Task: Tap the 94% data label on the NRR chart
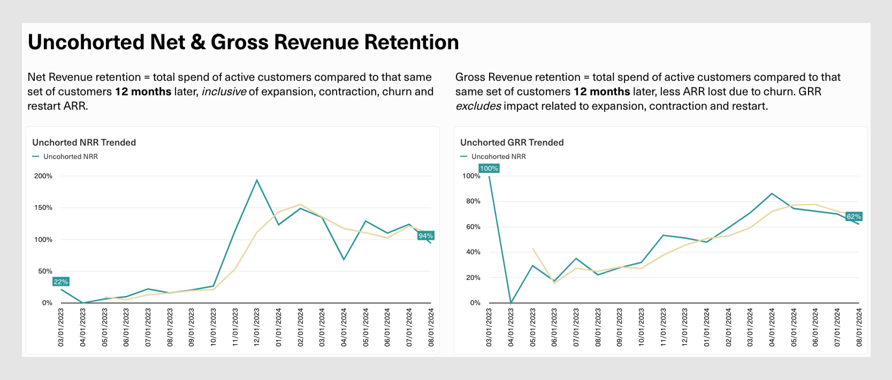pyautogui.click(x=426, y=235)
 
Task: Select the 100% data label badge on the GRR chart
pyautogui.click(x=489, y=168)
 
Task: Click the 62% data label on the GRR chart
pyautogui.click(x=853, y=216)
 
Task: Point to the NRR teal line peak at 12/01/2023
pyautogui.click(x=257, y=180)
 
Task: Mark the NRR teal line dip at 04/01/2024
pyautogui.click(x=344, y=260)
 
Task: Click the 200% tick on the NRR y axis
pyautogui.click(x=43, y=176)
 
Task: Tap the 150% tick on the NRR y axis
pyautogui.click(x=43, y=207)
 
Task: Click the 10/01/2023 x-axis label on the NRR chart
pyautogui.click(x=213, y=327)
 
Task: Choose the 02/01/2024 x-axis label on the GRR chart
pyautogui.click(x=728, y=327)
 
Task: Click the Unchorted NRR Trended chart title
pyautogui.click(x=84, y=142)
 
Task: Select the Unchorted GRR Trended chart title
pyautogui.click(x=512, y=142)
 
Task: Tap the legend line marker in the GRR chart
pyautogui.click(x=464, y=157)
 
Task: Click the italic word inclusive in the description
pyautogui.click(x=224, y=92)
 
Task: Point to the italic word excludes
pyautogui.click(x=478, y=106)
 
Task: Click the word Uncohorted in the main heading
pyautogui.click(x=86, y=42)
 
